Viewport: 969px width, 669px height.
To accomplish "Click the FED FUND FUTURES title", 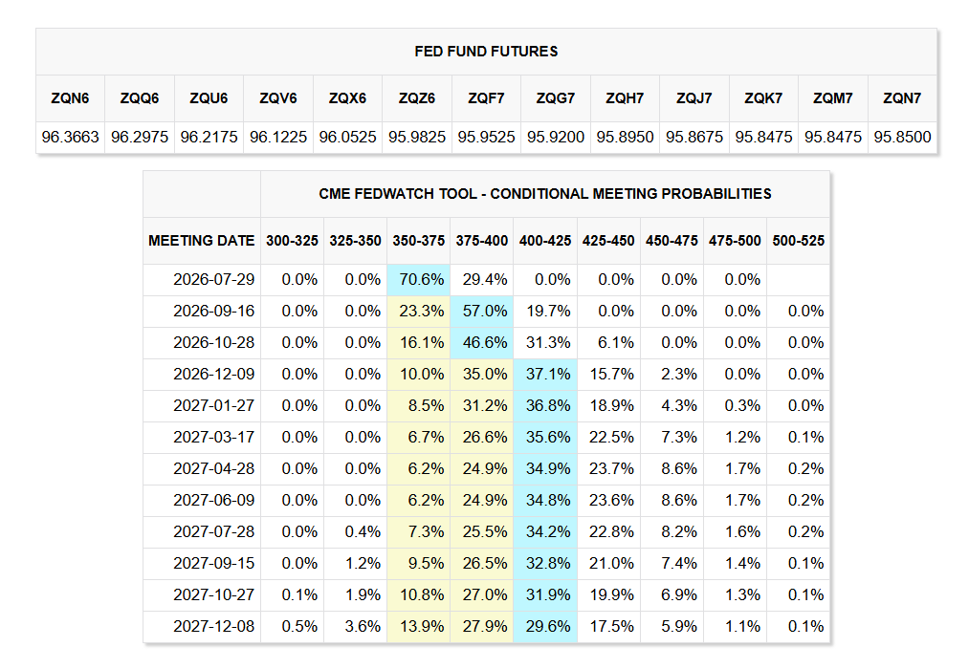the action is click(x=486, y=52).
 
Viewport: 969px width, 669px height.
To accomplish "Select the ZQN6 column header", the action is click(x=70, y=98).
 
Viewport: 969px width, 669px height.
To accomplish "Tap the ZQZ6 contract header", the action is click(x=416, y=98).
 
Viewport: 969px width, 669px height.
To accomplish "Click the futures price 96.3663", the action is click(x=70, y=137).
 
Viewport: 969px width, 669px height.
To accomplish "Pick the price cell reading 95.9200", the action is click(x=556, y=137).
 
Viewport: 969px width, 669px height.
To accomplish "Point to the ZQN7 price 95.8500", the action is click(x=902, y=137).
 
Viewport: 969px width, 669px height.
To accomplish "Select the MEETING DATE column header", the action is click(x=202, y=241).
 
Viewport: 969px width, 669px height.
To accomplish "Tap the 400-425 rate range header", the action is click(x=545, y=241).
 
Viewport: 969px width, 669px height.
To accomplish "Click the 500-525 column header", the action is click(x=799, y=241).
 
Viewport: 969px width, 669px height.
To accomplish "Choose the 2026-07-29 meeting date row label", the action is click(x=214, y=280).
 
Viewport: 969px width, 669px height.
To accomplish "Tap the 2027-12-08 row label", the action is click(x=214, y=626).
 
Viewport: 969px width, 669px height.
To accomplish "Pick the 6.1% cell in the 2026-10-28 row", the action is click(x=615, y=342).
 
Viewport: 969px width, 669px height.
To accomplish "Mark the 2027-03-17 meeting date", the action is click(x=214, y=437).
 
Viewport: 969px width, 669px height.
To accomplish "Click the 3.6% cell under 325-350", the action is click(x=363, y=626).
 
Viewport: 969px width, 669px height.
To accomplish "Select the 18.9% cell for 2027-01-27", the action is click(x=611, y=405).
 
